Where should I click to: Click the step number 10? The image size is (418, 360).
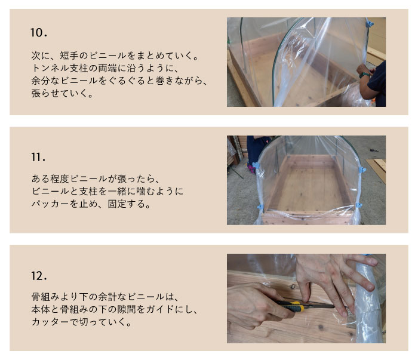(39, 33)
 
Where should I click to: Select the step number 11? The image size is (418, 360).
(38, 157)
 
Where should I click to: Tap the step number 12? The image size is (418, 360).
(39, 276)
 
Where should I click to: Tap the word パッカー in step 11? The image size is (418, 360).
(50, 204)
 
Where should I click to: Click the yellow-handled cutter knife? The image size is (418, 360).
(304, 306)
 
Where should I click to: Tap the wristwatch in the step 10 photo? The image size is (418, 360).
(364, 75)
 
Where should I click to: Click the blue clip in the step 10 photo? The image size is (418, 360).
(370, 23)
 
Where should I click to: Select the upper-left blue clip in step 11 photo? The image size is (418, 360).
(256, 165)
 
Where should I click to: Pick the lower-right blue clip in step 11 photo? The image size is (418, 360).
(359, 205)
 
